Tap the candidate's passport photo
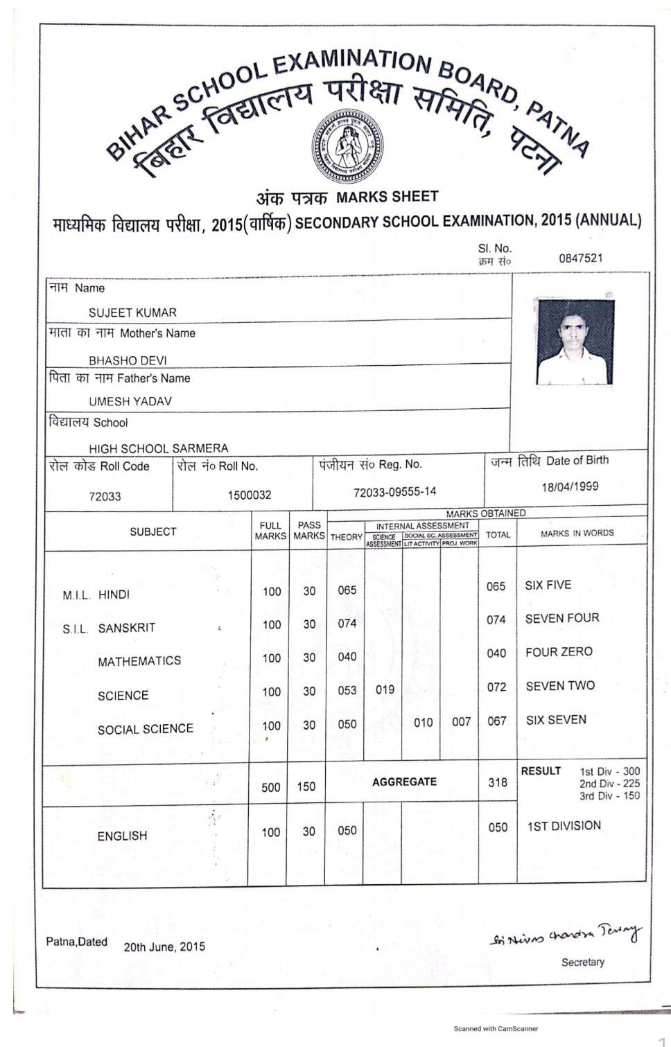[575, 342]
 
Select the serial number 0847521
[580, 258]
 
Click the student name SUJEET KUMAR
[132, 313]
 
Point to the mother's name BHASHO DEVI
[128, 360]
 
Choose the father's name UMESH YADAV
[130, 401]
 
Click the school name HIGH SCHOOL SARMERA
[158, 448]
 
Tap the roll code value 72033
[105, 496]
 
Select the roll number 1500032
[249, 495]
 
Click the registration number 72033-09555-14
[394, 492]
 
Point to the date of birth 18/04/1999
[570, 486]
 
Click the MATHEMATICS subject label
[139, 661]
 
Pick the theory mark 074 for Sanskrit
[347, 624]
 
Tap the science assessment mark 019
[385, 690]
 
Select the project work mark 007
[461, 722]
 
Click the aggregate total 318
[498, 782]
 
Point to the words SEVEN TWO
[560, 686]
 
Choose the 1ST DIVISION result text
[564, 826]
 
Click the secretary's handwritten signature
[566, 935]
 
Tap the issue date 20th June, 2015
[164, 947]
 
